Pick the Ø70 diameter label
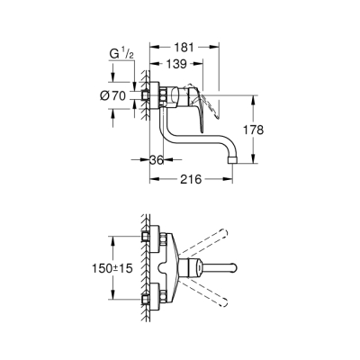[x=117, y=94]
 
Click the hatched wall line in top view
[x=143, y=270]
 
